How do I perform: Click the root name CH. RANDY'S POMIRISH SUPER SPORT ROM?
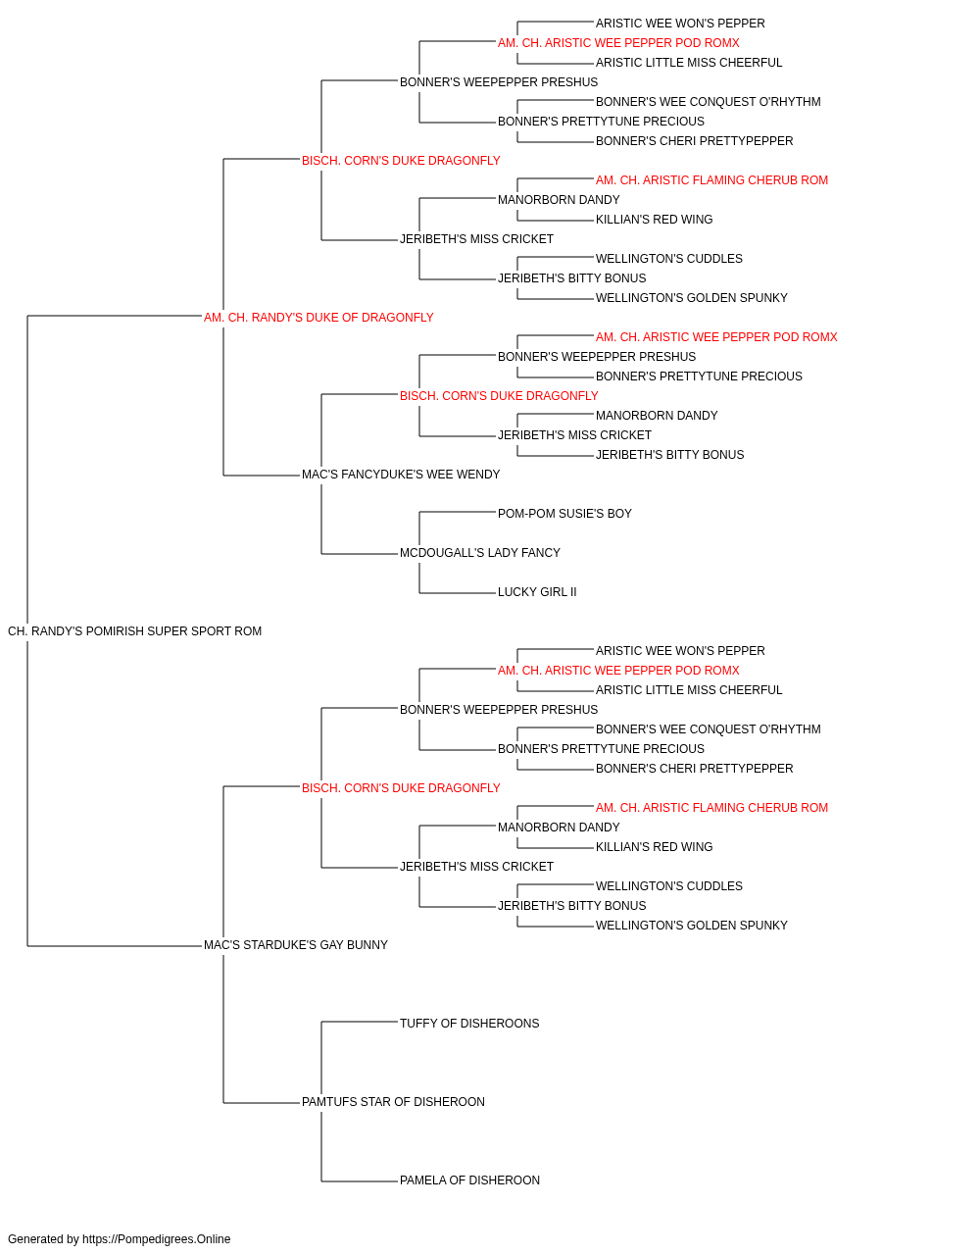pyautogui.click(x=134, y=631)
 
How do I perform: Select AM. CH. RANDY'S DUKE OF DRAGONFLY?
pyautogui.click(x=318, y=318)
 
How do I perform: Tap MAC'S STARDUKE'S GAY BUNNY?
pyautogui.click(x=296, y=945)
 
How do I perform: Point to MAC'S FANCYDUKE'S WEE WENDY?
pyautogui.click(x=401, y=475)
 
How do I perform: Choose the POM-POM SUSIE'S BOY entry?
pyautogui.click(x=564, y=514)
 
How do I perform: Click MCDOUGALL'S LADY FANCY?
pyautogui.click(x=479, y=553)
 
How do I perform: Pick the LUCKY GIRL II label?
pyautogui.click(x=537, y=592)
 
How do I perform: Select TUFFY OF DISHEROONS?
pyautogui.click(x=469, y=1024)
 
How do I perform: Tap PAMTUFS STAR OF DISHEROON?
pyautogui.click(x=393, y=1102)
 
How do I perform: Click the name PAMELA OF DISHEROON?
pyautogui.click(x=469, y=1180)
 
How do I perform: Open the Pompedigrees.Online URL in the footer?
pyautogui.click(x=157, y=1239)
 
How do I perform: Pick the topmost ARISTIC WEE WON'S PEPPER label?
pyautogui.click(x=680, y=24)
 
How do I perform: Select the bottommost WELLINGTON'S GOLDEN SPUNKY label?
pyautogui.click(x=692, y=926)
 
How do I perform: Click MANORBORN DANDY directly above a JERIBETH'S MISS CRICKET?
pyautogui.click(x=657, y=416)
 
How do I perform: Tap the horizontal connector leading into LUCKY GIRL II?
pyautogui.click(x=457, y=593)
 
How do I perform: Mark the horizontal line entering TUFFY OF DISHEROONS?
pyautogui.click(x=360, y=1023)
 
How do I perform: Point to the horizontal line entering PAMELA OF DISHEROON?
pyautogui.click(x=360, y=1181)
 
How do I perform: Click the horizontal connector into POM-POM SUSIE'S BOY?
pyautogui.click(x=457, y=512)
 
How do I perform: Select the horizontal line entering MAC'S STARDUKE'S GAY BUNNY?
pyautogui.click(x=115, y=946)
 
